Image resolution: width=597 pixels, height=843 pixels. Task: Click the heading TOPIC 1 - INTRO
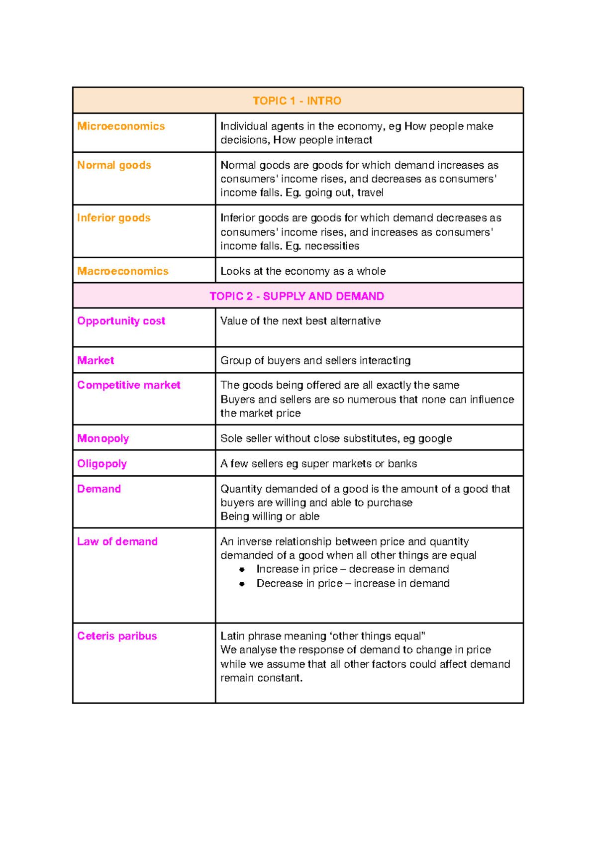297,101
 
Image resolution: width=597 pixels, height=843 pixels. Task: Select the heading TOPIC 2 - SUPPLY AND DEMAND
297,297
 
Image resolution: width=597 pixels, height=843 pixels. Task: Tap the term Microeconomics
121,126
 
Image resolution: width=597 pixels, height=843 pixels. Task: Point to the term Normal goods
114,165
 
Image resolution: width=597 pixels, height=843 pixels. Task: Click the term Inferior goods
113,218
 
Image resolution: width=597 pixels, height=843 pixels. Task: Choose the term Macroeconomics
123,271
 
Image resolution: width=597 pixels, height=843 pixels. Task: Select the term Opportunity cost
121,321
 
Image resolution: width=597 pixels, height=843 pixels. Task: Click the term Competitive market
128,385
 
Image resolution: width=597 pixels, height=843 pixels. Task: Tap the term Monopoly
103,438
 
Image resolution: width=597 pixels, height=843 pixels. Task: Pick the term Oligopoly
102,464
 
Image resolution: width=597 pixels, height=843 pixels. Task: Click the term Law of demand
117,541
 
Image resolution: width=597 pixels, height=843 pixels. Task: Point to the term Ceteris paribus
117,636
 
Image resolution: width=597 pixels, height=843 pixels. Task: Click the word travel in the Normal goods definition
370,193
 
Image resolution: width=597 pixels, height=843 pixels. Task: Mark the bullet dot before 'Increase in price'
242,570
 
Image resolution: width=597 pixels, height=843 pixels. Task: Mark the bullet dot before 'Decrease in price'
242,584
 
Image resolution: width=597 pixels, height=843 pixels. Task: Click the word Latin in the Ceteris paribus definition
232,636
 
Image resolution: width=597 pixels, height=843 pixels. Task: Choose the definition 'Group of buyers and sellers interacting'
315,361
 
